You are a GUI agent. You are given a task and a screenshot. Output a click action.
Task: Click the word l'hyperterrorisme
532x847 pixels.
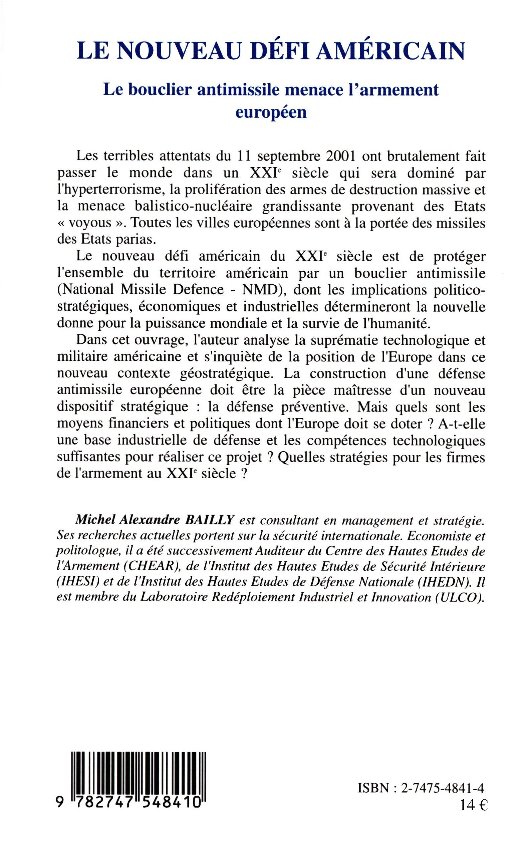(x=109, y=190)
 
